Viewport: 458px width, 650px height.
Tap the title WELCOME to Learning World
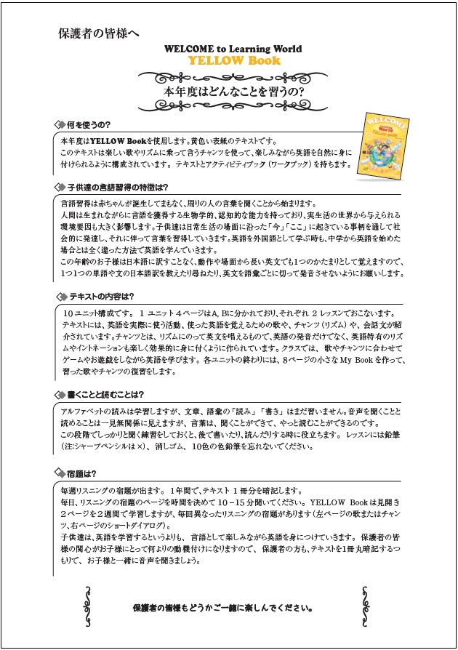(233, 49)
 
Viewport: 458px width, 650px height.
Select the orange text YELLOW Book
(233, 60)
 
